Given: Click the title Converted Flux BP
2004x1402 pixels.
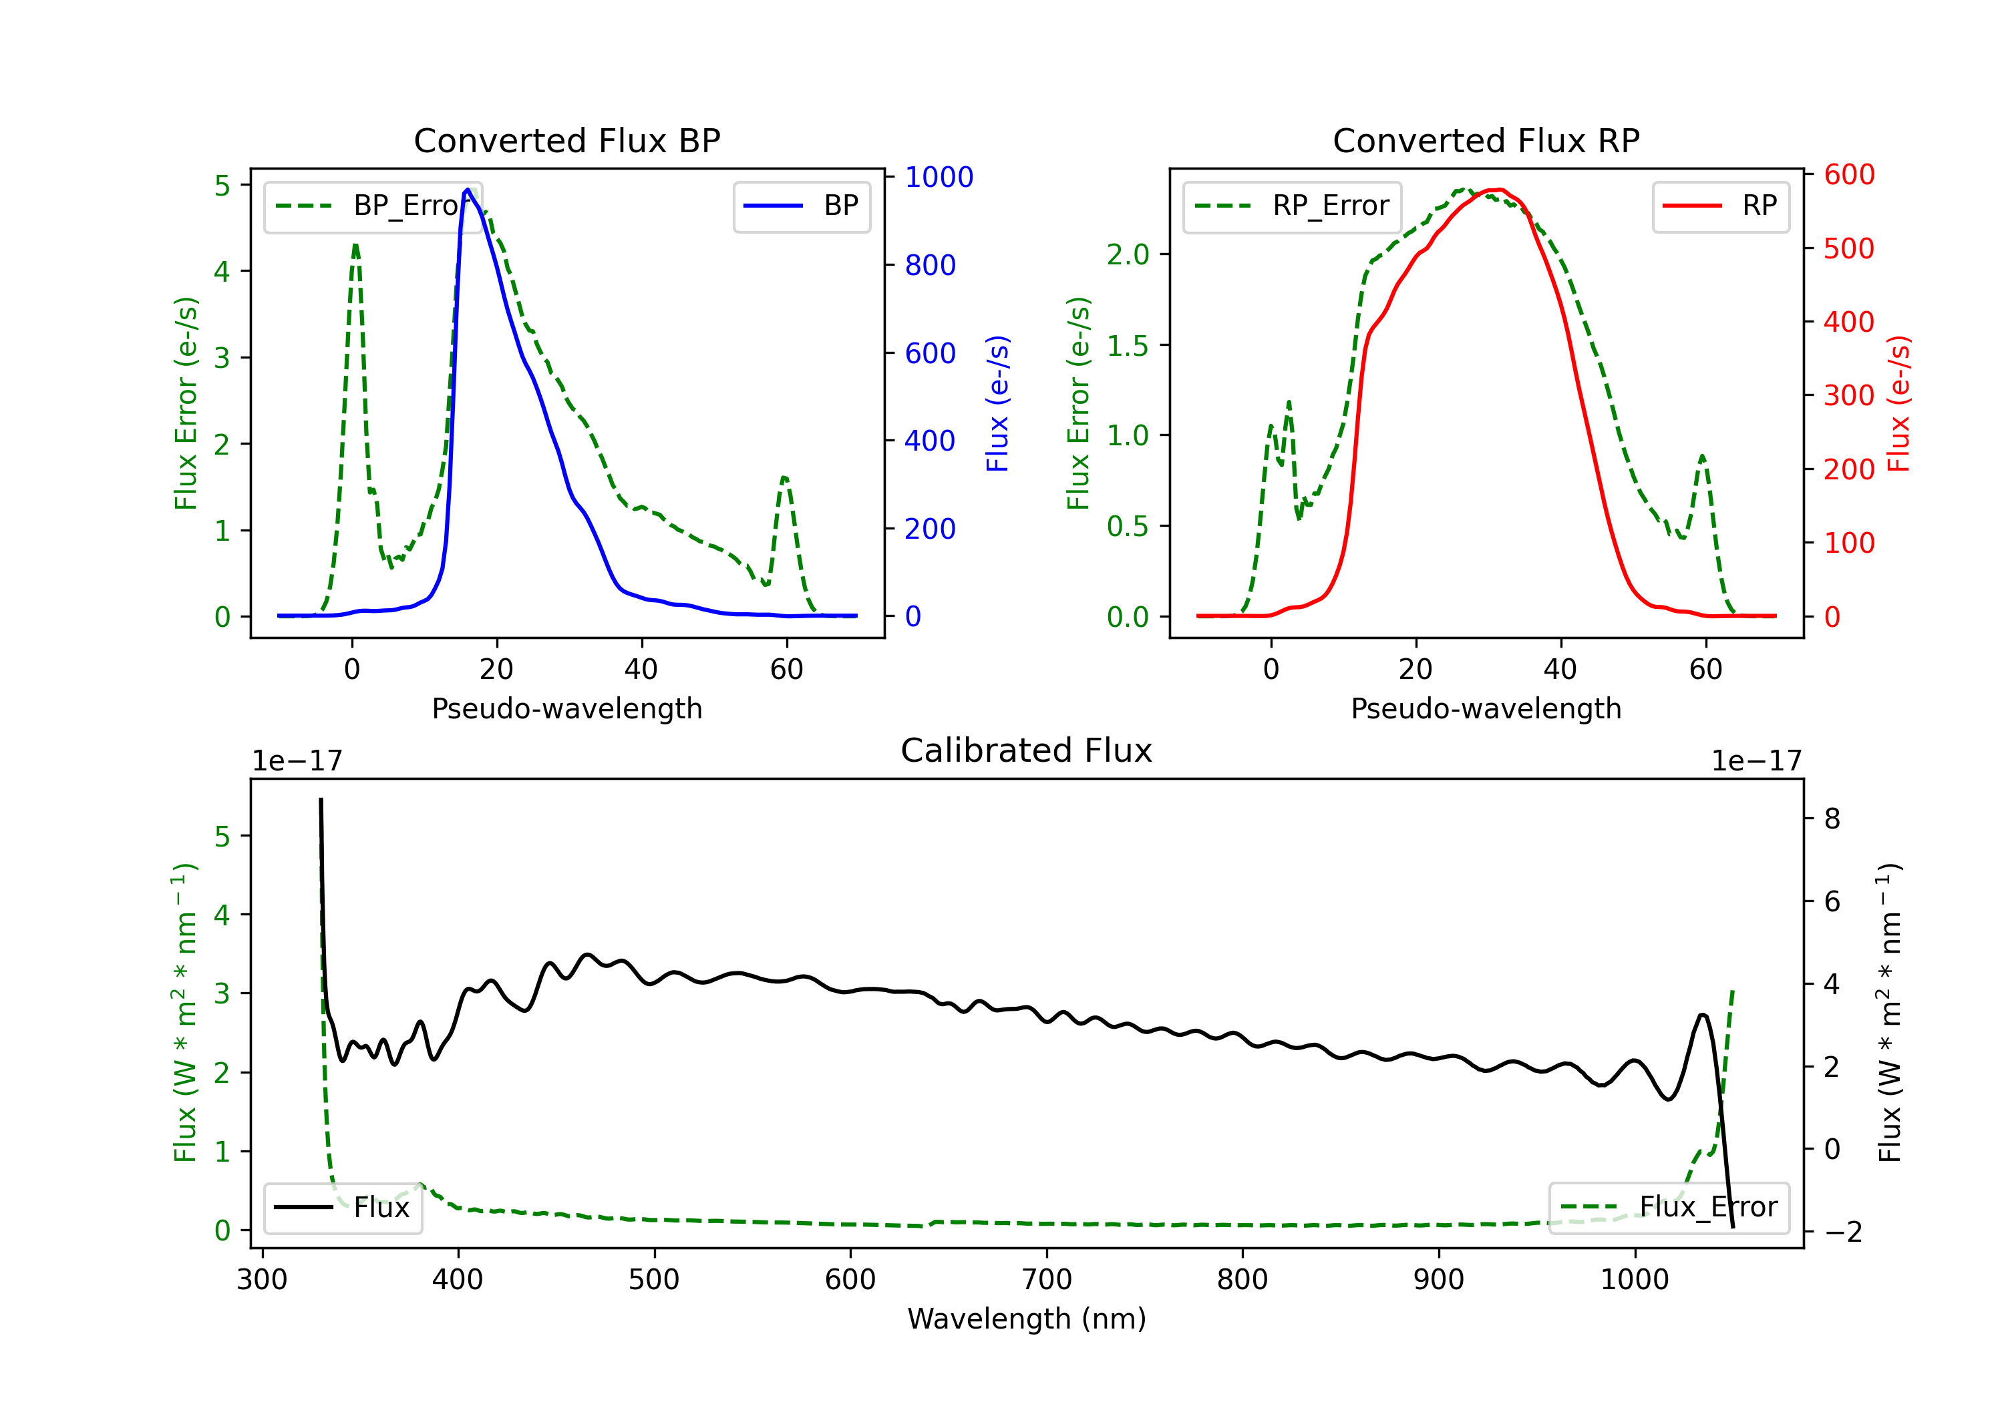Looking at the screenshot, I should tap(566, 140).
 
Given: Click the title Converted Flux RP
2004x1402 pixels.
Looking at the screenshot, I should tap(1486, 140).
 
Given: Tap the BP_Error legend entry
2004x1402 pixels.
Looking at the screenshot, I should tap(373, 206).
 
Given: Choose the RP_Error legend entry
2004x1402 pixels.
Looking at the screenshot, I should tap(1293, 206).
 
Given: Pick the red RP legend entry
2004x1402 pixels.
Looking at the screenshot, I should tap(1720, 206).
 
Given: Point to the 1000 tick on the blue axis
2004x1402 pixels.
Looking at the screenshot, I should tap(939, 177).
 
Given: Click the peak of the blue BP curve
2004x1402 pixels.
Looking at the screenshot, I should tap(467, 190).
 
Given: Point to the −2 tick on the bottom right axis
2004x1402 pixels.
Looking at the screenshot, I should tap(1842, 1232).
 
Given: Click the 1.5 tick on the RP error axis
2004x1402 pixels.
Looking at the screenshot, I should tap(1128, 345).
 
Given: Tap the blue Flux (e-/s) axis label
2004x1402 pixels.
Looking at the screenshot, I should tap(997, 403).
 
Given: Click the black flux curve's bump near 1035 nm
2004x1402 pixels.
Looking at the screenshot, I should tap(1703, 1015).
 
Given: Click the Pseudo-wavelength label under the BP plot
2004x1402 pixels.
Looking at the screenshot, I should tap(566, 708).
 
